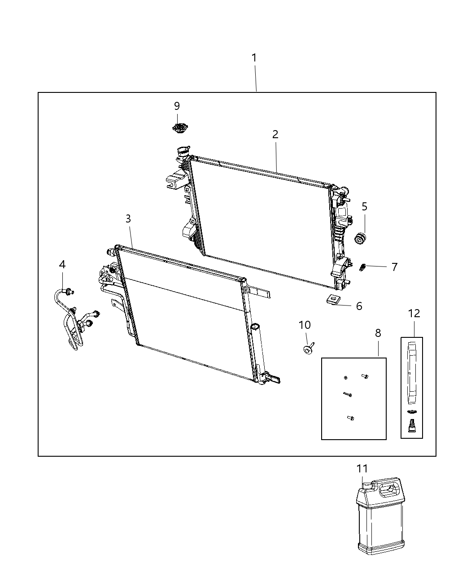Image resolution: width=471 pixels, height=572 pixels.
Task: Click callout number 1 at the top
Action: click(x=254, y=58)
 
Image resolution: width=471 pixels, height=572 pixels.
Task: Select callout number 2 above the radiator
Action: click(x=275, y=134)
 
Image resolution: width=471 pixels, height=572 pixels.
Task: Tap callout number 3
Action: click(x=128, y=219)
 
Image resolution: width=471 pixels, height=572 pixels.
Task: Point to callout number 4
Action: click(x=62, y=265)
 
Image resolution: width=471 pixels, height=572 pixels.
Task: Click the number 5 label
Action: click(x=364, y=207)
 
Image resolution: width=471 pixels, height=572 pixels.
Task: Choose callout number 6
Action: click(x=359, y=306)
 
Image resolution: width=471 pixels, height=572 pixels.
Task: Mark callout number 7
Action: click(x=394, y=267)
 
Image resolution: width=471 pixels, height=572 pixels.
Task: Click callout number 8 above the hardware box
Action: click(x=378, y=333)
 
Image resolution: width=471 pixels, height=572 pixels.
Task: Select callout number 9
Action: click(x=177, y=106)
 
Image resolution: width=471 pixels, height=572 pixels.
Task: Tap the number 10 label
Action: click(x=305, y=325)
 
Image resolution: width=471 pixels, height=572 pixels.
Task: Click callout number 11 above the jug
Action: click(x=362, y=468)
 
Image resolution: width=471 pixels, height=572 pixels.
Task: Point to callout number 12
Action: click(x=414, y=313)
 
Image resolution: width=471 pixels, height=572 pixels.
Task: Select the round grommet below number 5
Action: click(x=360, y=238)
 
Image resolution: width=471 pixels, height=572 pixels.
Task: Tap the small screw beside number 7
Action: click(x=363, y=267)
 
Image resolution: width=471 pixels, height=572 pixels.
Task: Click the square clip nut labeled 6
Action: click(x=332, y=299)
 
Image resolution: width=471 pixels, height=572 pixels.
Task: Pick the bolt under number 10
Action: click(x=308, y=349)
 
